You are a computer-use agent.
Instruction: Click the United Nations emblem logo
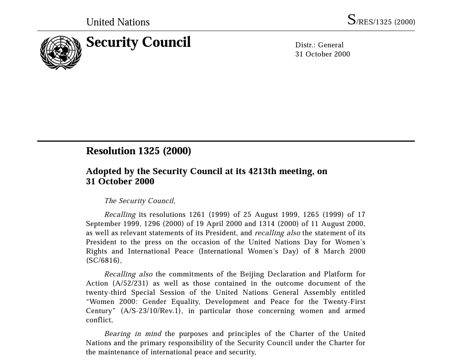61,52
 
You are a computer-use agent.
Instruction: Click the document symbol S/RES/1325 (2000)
381,21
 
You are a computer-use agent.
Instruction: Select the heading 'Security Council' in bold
138,42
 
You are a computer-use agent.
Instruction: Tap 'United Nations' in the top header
118,22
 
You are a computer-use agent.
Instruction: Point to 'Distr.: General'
319,45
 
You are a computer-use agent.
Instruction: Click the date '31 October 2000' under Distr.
322,54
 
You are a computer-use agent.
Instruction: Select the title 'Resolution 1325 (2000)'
138,151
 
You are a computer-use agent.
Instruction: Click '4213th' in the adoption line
262,171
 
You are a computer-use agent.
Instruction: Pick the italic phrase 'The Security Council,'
140,201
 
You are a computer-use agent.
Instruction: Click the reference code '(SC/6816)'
103,260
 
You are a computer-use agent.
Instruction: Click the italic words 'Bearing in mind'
133,334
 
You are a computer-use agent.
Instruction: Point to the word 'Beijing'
254,274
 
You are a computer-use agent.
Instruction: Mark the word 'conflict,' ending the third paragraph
99,320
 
